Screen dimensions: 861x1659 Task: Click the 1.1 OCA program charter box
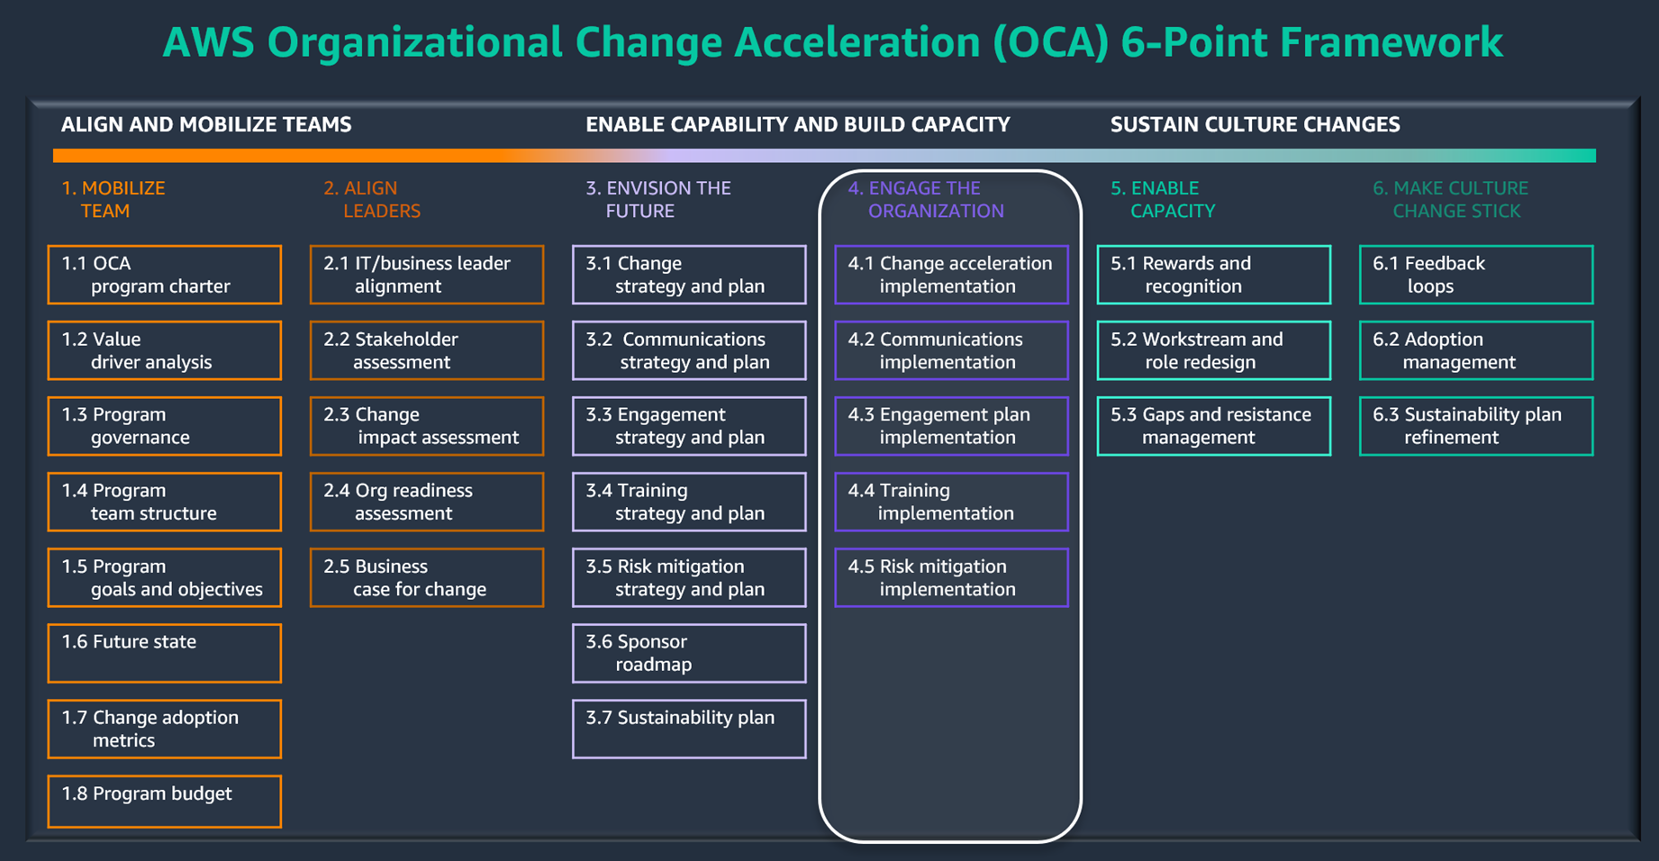point(165,275)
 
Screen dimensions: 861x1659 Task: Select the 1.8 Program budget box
point(165,801)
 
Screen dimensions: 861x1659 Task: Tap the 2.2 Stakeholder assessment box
point(427,350)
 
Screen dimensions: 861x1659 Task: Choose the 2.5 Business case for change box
point(427,577)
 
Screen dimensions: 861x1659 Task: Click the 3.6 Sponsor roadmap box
point(689,653)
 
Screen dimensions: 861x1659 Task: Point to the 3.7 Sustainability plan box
point(689,729)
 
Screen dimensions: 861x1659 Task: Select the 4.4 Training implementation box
point(951,502)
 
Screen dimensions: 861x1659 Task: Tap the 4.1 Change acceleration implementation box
point(951,275)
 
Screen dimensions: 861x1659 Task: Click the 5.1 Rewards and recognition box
point(1213,275)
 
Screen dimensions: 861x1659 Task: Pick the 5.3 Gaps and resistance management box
point(1213,426)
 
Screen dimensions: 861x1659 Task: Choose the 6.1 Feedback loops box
point(1475,275)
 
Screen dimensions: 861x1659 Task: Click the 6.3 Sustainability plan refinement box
point(1475,426)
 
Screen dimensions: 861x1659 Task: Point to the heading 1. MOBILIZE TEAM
point(113,199)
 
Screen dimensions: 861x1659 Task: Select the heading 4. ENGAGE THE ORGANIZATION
point(926,199)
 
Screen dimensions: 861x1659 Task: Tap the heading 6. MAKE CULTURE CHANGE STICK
point(1450,199)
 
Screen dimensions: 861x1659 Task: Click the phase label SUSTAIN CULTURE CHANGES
point(1255,124)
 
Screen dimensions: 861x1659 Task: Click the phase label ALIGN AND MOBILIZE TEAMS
point(206,124)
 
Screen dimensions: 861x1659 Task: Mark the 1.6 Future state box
point(165,653)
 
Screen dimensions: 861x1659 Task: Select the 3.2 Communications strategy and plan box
point(689,350)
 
